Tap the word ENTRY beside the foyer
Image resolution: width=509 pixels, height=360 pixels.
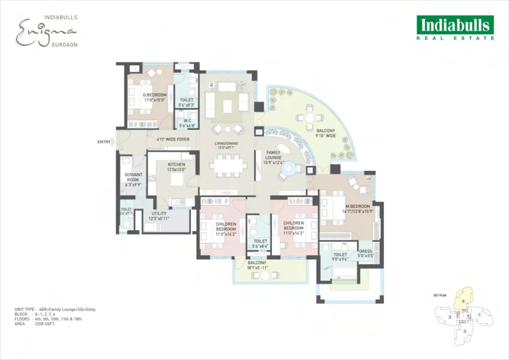click(104, 142)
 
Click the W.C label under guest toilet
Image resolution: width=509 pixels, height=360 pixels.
click(186, 120)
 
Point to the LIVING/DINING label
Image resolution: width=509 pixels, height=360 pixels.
click(226, 145)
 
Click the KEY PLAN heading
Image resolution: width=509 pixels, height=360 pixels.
click(440, 295)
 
